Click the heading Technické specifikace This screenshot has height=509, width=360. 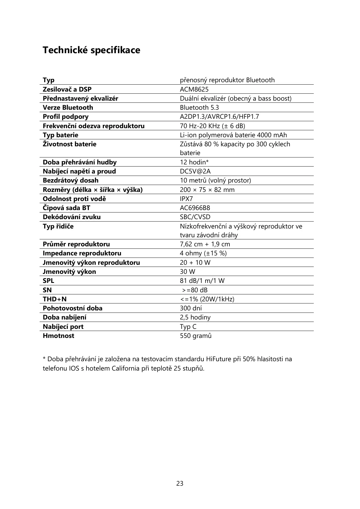(91, 50)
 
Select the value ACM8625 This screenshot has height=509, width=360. (194, 89)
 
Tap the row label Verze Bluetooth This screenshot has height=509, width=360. (68, 108)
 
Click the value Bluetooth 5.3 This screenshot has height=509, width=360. (199, 108)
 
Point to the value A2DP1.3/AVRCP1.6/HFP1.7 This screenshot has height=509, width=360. (219, 117)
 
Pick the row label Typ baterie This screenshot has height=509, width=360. (60, 135)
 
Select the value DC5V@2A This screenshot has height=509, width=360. (195, 171)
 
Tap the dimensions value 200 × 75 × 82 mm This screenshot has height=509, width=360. (207, 190)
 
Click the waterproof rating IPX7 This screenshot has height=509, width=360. (186, 199)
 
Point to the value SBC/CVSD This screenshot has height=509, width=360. (195, 217)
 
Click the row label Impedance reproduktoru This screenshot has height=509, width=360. (82, 253)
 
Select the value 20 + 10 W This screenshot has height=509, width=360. (195, 262)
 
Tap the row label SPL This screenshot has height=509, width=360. (48, 281)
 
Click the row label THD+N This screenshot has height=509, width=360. (54, 299)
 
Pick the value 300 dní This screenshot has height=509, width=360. (191, 308)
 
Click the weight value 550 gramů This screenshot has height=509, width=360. (196, 336)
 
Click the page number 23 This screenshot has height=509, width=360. (180, 484)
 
